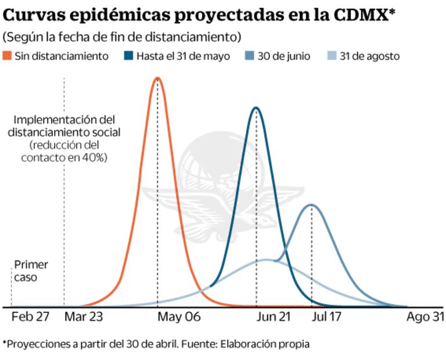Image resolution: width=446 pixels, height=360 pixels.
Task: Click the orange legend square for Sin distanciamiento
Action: (x=8, y=56)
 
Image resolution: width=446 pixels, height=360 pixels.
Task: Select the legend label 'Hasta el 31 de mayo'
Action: (x=184, y=56)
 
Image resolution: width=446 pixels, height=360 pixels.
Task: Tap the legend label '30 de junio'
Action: (x=285, y=56)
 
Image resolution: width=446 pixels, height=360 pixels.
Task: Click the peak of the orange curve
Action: (x=156, y=78)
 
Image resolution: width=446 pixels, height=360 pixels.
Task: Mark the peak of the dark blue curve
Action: (x=256, y=107)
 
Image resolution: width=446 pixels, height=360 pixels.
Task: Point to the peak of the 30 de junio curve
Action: (x=312, y=204)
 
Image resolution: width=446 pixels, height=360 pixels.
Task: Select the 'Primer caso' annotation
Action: (x=31, y=271)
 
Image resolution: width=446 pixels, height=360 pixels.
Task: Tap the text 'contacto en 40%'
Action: (x=64, y=157)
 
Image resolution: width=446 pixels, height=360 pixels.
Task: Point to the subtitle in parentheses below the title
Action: (x=121, y=37)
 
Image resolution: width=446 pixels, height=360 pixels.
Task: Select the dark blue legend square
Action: (x=128, y=56)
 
